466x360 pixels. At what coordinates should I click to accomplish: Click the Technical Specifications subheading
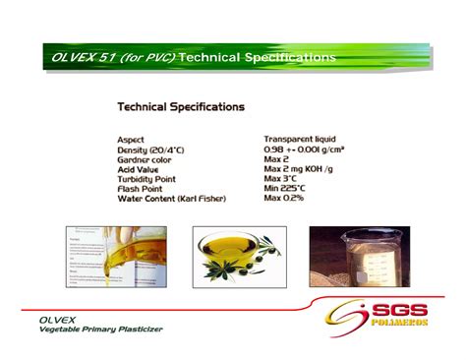click(181, 106)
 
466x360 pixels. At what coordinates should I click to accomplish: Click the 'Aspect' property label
click(131, 140)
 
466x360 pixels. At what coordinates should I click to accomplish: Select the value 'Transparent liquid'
click(302, 140)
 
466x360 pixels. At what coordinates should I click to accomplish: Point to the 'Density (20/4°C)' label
click(152, 150)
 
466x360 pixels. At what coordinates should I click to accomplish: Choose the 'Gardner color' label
click(145, 159)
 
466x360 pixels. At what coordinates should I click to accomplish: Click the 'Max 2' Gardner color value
click(276, 159)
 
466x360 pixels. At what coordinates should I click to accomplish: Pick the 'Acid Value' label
click(139, 169)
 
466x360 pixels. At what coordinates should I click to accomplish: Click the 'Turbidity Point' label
click(147, 179)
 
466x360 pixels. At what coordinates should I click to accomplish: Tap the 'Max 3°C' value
click(280, 179)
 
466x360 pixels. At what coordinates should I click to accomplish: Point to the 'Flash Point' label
click(140, 189)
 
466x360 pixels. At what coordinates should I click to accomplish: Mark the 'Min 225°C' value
click(284, 189)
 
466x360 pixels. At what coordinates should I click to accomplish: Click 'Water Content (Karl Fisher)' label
click(171, 199)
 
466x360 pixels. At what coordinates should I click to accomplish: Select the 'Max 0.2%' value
click(283, 199)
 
